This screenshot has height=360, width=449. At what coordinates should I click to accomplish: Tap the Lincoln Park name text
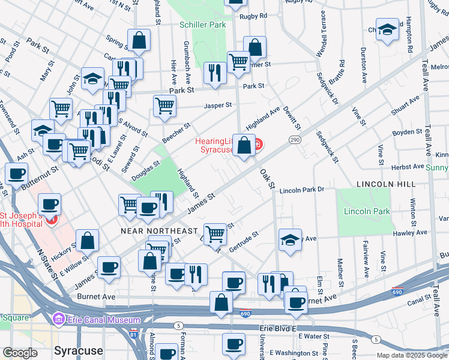coord(367,211)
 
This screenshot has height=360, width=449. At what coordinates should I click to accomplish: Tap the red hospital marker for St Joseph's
coord(51,220)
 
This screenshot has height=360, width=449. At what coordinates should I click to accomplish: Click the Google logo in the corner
coord(20,353)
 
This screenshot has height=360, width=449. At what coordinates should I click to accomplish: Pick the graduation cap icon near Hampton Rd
coord(387,29)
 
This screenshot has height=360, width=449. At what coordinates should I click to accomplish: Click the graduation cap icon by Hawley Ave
coord(290,241)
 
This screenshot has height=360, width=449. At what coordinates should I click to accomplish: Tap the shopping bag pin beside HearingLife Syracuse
coord(244,145)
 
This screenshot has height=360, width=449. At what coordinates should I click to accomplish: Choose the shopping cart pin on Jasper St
coord(164,106)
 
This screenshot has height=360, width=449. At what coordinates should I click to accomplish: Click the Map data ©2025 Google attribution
coord(412,355)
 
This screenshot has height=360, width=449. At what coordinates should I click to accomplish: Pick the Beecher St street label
coord(176,132)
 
